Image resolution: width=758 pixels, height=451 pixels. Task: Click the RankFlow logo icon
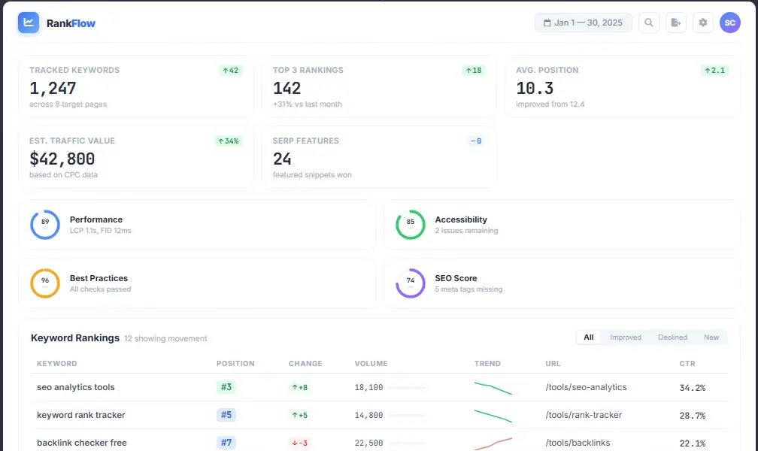(x=29, y=23)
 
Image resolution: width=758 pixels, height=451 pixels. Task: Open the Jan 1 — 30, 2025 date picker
(x=583, y=23)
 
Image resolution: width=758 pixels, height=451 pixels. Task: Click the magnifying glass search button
(x=649, y=23)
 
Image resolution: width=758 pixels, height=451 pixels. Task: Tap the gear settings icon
(x=703, y=23)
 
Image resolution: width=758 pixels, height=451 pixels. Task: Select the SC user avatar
(x=730, y=23)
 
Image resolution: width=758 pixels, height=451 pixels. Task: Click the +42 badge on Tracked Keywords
(x=230, y=71)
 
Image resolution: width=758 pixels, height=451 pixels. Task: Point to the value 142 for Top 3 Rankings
(x=287, y=88)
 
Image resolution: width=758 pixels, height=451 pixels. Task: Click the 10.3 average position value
(x=535, y=88)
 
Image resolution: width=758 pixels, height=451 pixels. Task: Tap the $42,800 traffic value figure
(x=62, y=159)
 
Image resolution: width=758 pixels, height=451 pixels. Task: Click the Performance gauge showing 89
(x=45, y=225)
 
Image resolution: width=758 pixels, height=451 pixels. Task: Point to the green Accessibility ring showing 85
(x=411, y=225)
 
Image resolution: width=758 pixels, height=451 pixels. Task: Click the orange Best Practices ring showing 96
(x=45, y=283)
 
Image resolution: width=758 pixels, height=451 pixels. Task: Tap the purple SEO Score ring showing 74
(x=411, y=283)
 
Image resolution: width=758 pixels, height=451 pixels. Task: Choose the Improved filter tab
(x=626, y=337)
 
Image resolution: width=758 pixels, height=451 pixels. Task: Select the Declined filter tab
(x=672, y=337)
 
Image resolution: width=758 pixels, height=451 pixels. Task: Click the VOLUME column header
(x=371, y=364)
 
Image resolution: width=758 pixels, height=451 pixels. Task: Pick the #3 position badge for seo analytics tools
(x=226, y=387)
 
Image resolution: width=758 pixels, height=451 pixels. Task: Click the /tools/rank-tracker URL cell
(x=584, y=415)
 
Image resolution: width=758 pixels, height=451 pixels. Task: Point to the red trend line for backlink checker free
(x=493, y=443)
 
